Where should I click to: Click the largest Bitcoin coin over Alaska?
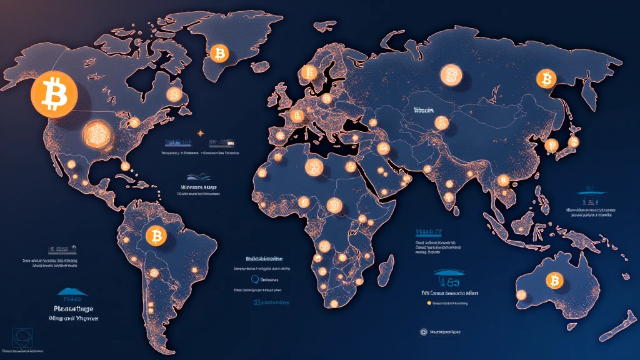pos(53,94)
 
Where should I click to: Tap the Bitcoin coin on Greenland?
pos(219,53)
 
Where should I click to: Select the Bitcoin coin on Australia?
pos(553,280)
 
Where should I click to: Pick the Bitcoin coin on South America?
pos(155,236)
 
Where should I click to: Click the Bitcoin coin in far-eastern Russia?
pos(546,79)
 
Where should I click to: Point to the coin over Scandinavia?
pos(308,74)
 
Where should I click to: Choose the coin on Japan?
pos(551,145)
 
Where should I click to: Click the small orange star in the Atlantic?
pos(200,133)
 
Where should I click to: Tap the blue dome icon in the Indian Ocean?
pos(446,273)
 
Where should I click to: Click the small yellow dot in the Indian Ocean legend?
pos(429,302)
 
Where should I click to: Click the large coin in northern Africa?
pos(312,166)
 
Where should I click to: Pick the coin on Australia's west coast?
pos(521,294)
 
